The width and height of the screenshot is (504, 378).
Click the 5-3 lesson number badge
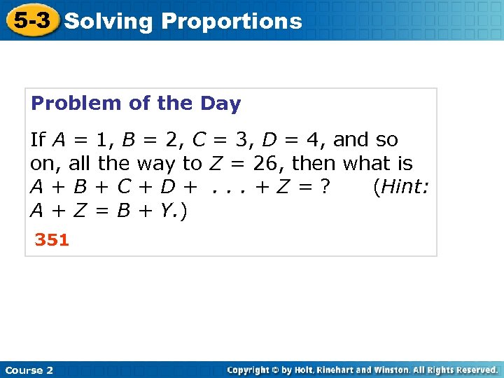pos(32,20)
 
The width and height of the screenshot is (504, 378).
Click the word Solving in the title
pos(108,21)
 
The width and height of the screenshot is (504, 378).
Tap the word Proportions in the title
pos(232,21)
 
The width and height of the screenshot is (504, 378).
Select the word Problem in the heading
pos(76,104)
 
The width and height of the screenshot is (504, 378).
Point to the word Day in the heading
pos(222,104)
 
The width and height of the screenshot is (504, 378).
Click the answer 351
pos(52,240)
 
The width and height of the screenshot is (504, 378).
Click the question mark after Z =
pos(325,188)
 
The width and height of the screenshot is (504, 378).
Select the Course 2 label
pos(29,370)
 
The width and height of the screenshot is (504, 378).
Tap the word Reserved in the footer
pos(475,370)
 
